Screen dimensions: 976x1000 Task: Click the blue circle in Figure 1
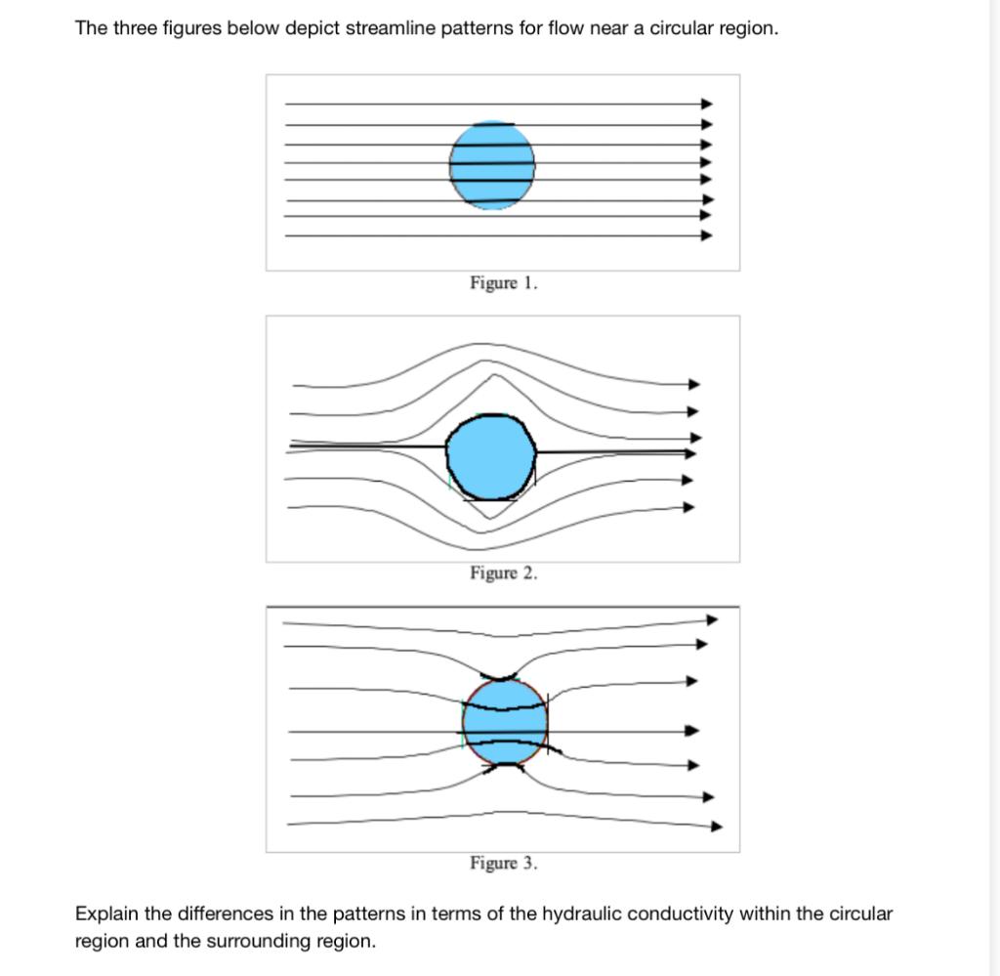click(x=492, y=165)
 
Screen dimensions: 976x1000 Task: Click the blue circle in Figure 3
click(x=505, y=723)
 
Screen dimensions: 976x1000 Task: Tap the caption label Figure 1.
click(x=503, y=283)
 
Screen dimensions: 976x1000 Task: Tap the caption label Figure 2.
click(x=503, y=573)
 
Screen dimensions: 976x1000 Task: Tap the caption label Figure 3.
click(x=503, y=863)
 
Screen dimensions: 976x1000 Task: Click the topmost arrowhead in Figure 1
click(x=708, y=104)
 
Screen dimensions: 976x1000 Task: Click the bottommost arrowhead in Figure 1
click(x=708, y=235)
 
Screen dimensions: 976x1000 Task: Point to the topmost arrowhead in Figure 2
click(x=694, y=384)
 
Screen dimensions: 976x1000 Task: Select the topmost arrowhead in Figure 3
click(x=712, y=619)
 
